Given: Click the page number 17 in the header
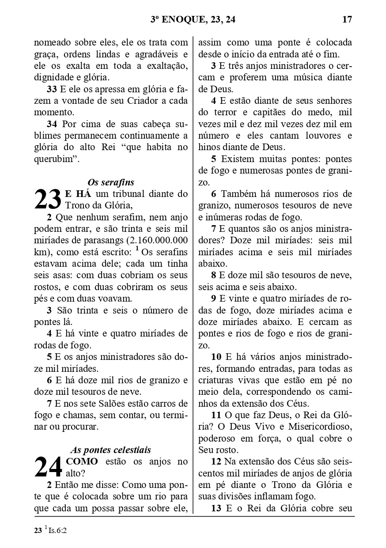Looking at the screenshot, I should [x=347, y=19].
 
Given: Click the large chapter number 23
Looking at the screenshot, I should [x=48, y=200].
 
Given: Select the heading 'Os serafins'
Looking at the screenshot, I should [x=111, y=182].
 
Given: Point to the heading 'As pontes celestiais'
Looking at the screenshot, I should [x=111, y=450].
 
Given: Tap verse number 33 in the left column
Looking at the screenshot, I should [x=52, y=89].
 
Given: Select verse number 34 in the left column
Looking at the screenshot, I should [x=52, y=124].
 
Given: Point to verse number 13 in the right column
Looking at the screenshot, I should [x=216, y=508].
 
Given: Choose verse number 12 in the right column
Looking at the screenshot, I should [x=216, y=462].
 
